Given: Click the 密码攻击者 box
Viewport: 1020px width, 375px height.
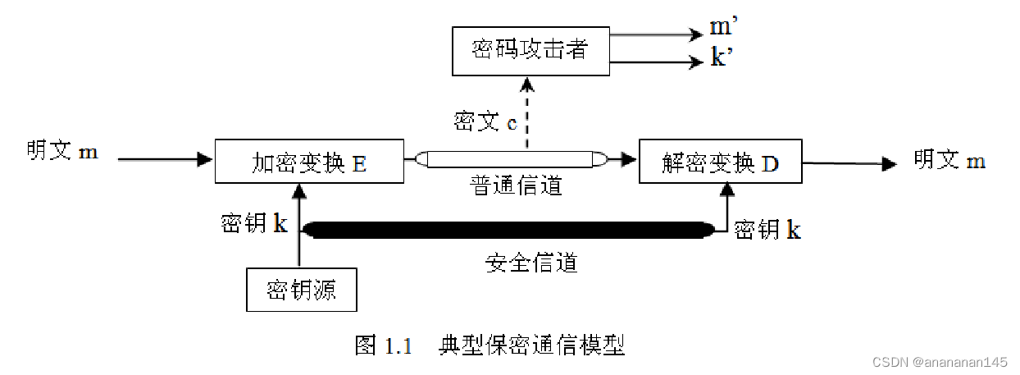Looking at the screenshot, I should (530, 50).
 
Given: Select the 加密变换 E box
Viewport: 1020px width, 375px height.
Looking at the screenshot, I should (309, 162).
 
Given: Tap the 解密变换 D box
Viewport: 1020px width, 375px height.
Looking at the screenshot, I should (719, 162).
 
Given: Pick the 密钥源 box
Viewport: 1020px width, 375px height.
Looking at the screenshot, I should (301, 290).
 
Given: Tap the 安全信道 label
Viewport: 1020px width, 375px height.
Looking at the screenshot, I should (531, 263).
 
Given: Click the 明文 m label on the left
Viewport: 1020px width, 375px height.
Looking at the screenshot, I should (62, 152).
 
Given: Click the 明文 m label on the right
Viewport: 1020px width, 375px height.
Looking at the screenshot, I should (949, 160).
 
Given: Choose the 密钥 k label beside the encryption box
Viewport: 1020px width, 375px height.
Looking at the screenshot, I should (254, 223).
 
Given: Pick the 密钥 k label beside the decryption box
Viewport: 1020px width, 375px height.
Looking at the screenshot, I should (767, 229).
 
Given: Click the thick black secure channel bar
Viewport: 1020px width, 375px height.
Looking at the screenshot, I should (508, 231).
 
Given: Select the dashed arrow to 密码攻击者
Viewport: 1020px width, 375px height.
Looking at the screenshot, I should (528, 115).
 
